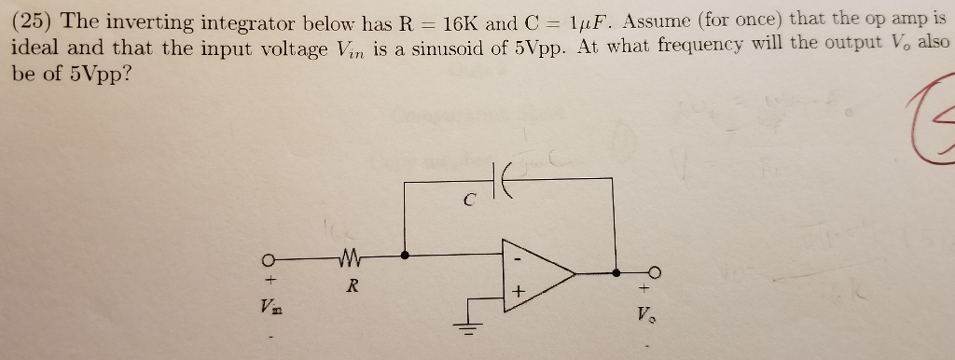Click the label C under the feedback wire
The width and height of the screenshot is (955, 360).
coord(470,199)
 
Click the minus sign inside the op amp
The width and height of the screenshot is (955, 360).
coord(516,251)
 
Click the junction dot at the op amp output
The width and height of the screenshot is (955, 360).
coord(616,273)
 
